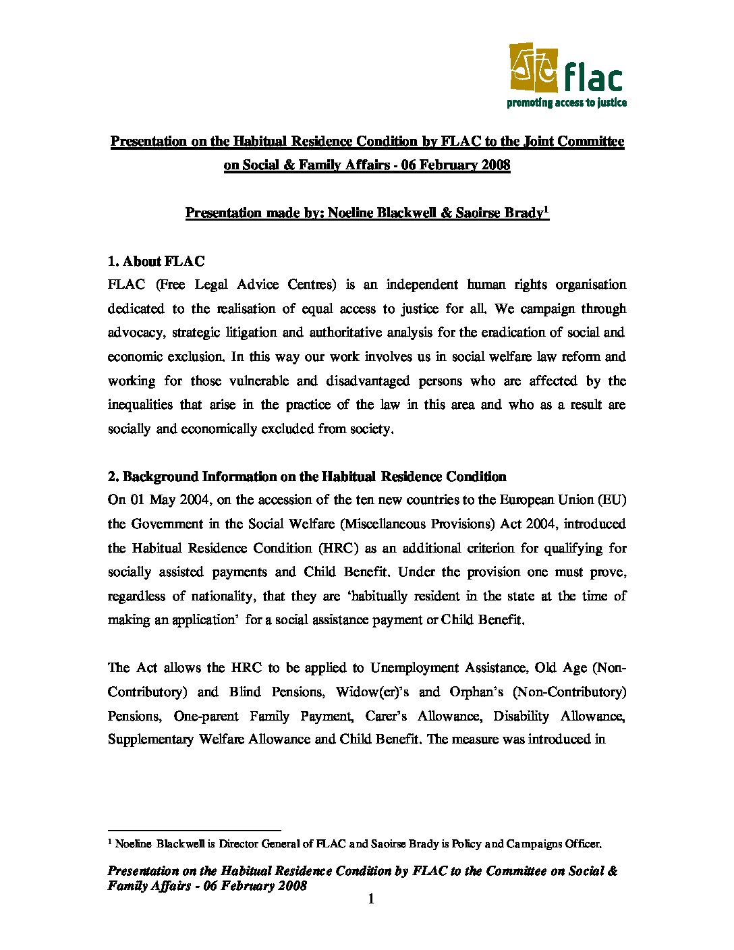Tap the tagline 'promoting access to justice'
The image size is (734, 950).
567,103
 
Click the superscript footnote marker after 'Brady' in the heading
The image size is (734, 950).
546,209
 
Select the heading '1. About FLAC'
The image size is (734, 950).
157,261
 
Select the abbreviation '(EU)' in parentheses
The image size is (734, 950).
612,500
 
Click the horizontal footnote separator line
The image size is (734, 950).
194,830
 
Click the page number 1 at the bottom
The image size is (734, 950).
370,899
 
